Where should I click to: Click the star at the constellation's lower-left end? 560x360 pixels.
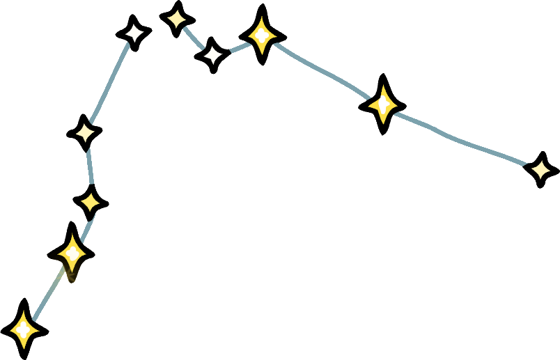click(24, 328)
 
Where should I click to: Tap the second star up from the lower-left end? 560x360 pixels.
click(71, 251)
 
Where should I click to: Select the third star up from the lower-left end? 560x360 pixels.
click(91, 203)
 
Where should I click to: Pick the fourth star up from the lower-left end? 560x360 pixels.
click(85, 132)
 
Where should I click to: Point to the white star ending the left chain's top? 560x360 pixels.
click(133, 32)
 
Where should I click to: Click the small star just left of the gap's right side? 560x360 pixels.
click(177, 18)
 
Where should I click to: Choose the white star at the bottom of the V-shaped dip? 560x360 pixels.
click(212, 54)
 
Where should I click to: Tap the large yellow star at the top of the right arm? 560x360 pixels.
click(262, 34)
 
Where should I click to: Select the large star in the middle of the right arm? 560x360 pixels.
click(382, 104)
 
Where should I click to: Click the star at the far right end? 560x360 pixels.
click(540, 169)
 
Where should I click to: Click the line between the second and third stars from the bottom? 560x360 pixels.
click(83, 226)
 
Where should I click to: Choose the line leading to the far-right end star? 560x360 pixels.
click(463, 140)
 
